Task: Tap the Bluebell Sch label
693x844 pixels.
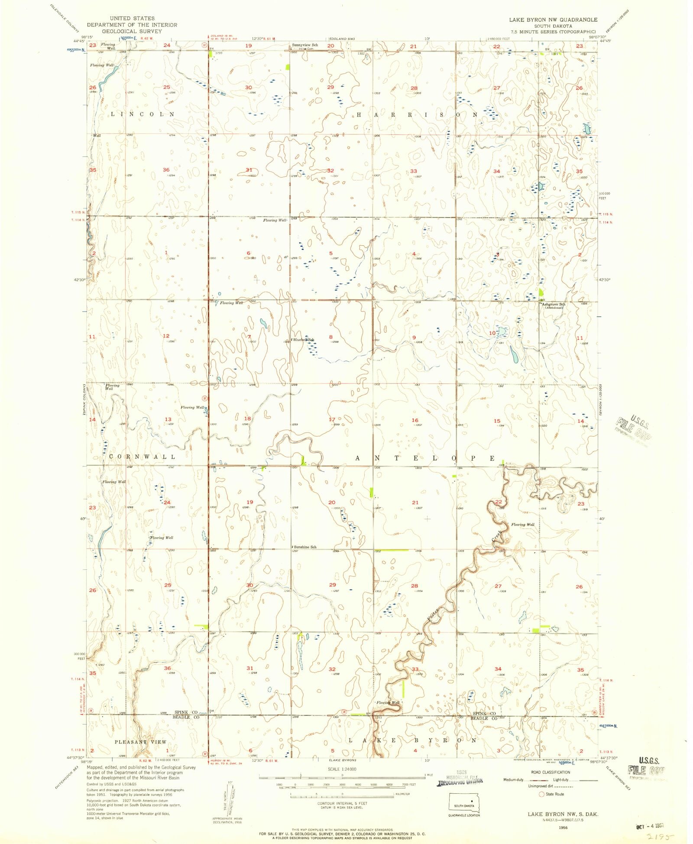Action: (303, 340)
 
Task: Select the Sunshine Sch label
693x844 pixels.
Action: (305, 547)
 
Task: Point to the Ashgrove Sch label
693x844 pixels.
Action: (553, 305)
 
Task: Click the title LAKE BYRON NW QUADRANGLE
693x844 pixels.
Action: (553, 19)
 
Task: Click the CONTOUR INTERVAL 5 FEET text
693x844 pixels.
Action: (342, 803)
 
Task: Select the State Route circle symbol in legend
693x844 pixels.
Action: (541, 794)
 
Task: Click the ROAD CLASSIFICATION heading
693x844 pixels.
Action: (550, 772)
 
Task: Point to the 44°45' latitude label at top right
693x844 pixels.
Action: (605, 41)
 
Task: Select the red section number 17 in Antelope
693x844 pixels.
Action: (332, 419)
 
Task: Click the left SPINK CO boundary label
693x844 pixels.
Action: (186, 712)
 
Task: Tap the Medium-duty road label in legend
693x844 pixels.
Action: (513, 780)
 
